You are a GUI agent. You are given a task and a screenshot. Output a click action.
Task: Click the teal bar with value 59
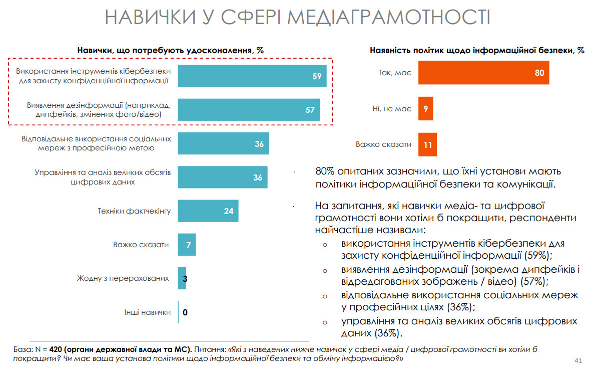[252, 76]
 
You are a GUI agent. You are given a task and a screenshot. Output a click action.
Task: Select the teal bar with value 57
[249, 110]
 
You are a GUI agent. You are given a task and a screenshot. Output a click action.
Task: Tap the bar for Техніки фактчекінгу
[208, 211]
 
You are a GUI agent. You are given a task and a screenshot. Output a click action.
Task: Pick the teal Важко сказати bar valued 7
[187, 245]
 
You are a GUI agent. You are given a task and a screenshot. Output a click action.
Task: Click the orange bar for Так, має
[483, 73]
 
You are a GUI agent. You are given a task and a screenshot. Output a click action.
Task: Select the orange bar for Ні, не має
[425, 109]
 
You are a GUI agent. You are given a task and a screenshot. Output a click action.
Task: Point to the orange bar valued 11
[427, 144]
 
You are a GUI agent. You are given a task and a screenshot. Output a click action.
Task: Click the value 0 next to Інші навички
[185, 312]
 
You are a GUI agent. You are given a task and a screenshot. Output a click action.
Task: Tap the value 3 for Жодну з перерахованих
[185, 278]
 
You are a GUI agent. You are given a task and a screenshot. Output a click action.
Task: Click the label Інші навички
[148, 312]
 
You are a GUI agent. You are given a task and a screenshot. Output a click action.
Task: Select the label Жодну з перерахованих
[123, 278]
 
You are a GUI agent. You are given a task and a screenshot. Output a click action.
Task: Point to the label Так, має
[395, 73]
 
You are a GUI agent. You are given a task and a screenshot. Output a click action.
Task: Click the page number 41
[578, 360]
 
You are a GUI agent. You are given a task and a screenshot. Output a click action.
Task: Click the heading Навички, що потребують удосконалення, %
[170, 50]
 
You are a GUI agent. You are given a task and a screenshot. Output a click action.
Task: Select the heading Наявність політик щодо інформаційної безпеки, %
[477, 50]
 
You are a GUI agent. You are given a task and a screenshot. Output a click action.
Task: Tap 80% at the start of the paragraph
[326, 171]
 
